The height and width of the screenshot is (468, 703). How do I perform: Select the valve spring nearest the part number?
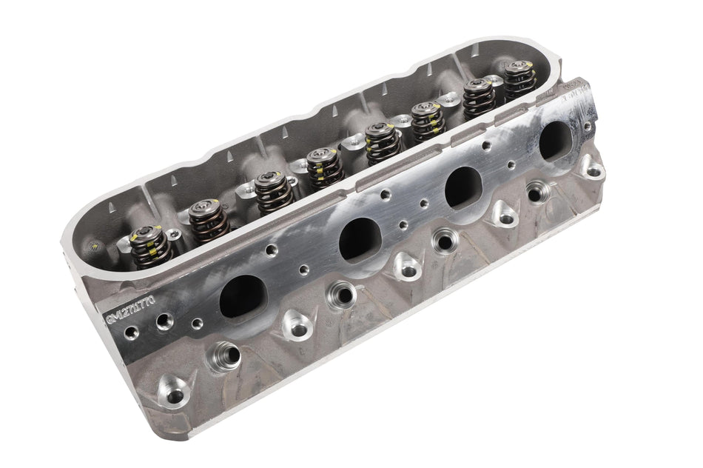[150, 247]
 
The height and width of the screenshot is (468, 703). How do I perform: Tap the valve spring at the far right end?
[520, 78]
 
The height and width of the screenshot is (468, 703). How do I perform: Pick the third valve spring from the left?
[274, 191]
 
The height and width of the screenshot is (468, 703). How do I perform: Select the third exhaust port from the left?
[463, 187]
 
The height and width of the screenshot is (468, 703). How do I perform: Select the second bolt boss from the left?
[297, 324]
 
